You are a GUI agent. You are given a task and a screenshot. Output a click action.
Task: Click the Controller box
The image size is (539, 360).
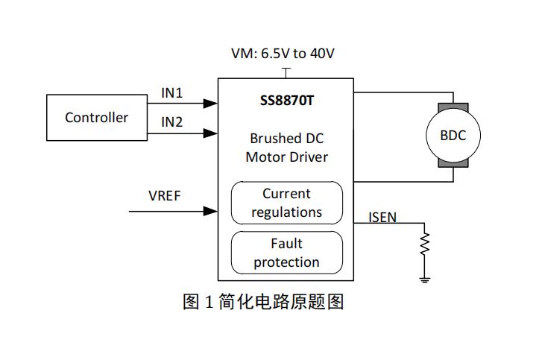point(96,118)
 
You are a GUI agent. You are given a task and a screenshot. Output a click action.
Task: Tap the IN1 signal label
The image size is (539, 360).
point(172,94)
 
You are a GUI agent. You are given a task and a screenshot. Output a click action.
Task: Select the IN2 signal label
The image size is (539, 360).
point(172,121)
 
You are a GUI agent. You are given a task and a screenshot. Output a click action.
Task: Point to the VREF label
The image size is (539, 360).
point(164,196)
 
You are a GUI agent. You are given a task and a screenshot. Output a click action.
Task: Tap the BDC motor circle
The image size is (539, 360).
point(453,136)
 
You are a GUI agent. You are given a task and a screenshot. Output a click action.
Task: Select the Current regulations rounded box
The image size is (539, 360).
point(286,203)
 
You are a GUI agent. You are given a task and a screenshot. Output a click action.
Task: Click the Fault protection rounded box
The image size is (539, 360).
point(286,253)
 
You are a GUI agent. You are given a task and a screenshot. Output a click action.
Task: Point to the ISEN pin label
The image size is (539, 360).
point(382,218)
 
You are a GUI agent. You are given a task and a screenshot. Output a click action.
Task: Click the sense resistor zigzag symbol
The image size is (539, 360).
point(425,244)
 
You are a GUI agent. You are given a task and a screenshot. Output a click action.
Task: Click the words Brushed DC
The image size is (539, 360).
point(286,139)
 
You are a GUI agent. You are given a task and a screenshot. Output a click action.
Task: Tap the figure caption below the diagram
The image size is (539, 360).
point(262,302)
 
